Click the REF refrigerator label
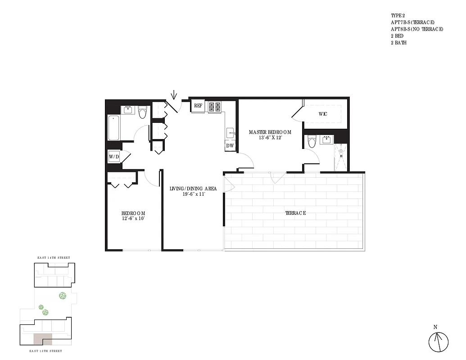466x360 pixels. tap(198, 106)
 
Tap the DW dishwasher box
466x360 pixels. tap(230, 146)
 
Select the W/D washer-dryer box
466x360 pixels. tap(114, 157)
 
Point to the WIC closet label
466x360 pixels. tap(323, 114)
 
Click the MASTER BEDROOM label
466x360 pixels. tap(270, 132)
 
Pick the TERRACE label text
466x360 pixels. tap(295, 213)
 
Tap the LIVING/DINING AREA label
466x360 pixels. tap(193, 189)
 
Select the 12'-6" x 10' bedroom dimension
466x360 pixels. tap(133, 219)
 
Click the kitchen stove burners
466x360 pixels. tap(214, 107)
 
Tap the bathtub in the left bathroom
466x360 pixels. tap(113, 127)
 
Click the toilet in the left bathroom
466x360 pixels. tap(143, 112)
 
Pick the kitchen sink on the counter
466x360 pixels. tap(230, 133)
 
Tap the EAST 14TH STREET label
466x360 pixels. tap(54, 257)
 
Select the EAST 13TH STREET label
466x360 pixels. tap(46, 351)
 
